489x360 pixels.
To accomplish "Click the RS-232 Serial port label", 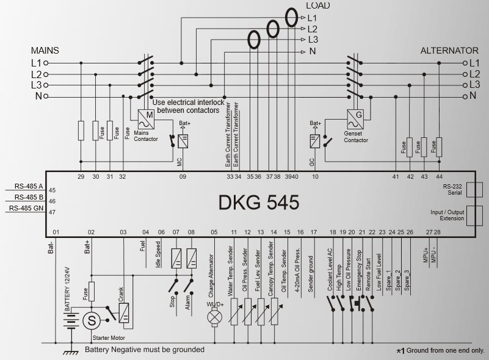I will point(452,189).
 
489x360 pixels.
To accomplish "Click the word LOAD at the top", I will point(317,5).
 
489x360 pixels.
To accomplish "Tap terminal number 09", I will point(182,177).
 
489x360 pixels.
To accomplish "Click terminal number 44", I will point(439,177).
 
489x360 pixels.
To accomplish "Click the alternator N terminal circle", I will point(466,96).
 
